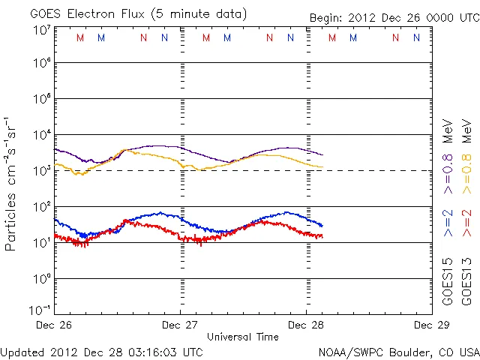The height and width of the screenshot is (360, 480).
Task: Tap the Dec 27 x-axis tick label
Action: coord(180,325)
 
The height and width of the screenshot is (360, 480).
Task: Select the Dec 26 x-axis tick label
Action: coord(54,325)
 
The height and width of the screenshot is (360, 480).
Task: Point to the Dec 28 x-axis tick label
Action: coord(306,325)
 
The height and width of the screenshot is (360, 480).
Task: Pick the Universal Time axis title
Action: coord(242,337)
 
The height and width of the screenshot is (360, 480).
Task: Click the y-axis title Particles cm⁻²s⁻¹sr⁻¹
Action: coord(13,183)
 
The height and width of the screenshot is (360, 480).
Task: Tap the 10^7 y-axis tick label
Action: coord(41,30)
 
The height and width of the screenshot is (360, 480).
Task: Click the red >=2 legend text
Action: coord(467,223)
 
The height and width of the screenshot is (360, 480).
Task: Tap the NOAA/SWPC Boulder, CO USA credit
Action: coord(398,351)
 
